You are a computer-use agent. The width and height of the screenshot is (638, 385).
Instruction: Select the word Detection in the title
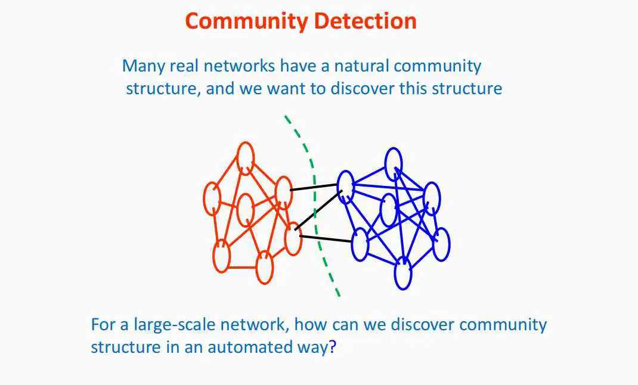point(365,21)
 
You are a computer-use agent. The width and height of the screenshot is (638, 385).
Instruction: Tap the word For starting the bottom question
point(103,325)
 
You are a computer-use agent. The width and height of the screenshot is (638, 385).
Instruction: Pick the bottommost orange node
point(264,267)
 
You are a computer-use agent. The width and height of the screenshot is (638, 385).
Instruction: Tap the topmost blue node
point(393,162)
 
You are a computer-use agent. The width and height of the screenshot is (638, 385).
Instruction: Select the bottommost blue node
point(403,273)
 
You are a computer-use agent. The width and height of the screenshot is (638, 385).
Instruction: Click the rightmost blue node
point(441,244)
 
